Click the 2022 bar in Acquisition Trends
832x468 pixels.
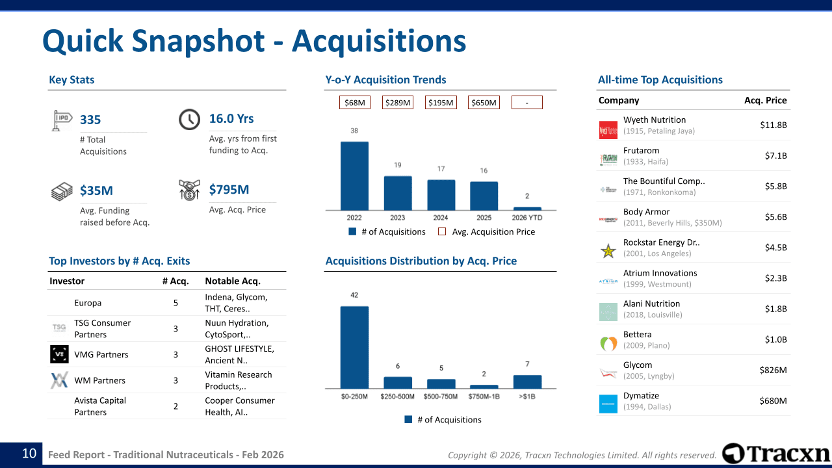pyautogui.click(x=354, y=175)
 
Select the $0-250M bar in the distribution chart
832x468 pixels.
pyautogui.click(x=354, y=347)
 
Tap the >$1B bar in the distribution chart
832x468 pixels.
pyautogui.click(x=527, y=382)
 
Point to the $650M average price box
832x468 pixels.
pyautogui.click(x=484, y=103)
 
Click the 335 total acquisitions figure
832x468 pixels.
pyautogui.click(x=90, y=120)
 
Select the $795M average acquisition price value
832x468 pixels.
pyautogui.click(x=229, y=190)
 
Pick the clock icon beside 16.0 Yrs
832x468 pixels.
pyautogui.click(x=189, y=120)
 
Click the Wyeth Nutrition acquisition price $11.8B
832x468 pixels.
pyautogui.click(x=773, y=125)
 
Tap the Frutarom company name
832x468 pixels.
pyautogui.click(x=641, y=150)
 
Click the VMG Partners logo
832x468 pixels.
pyautogui.click(x=59, y=354)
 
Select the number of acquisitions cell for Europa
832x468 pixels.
pyautogui.click(x=175, y=303)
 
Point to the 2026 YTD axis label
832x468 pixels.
pyautogui.click(x=527, y=218)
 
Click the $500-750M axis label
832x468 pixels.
pyautogui.click(x=441, y=396)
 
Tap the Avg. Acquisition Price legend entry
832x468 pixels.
pyautogui.click(x=493, y=232)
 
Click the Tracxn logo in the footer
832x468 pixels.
pyautogui.click(x=776, y=454)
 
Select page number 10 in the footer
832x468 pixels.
pyautogui.click(x=29, y=454)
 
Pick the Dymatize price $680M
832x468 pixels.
pyautogui.click(x=773, y=400)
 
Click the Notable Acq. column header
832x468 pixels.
pyautogui.click(x=233, y=281)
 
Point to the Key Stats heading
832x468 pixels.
pyautogui.click(x=71, y=80)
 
